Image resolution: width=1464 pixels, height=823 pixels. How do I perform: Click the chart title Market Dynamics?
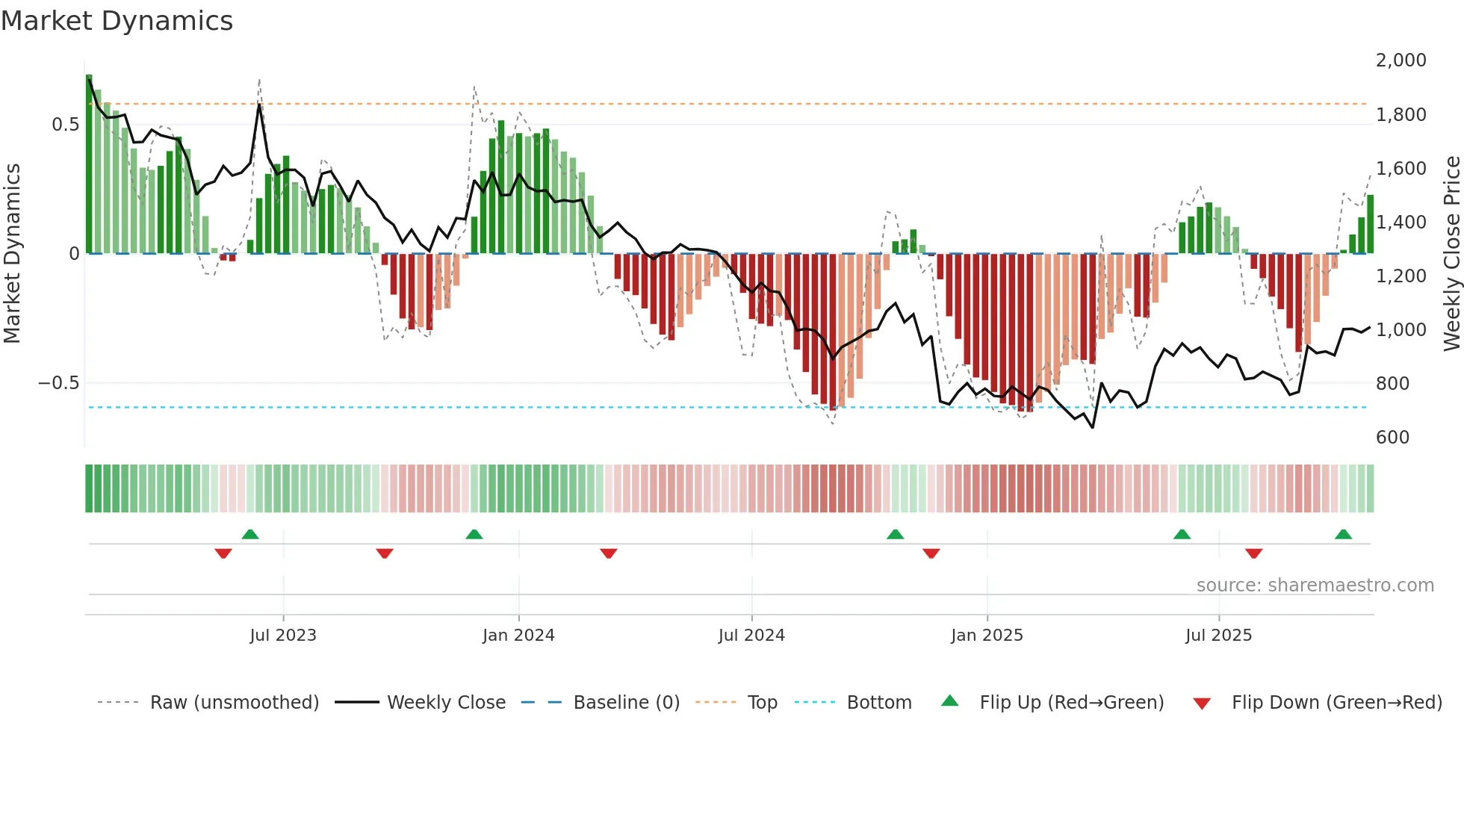117,21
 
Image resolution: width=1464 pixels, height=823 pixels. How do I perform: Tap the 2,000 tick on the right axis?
1401,60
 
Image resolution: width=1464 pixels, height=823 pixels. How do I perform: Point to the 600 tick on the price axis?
1392,438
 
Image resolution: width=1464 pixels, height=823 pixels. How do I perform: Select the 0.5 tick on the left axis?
65,125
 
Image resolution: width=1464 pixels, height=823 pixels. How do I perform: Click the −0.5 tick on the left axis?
58,383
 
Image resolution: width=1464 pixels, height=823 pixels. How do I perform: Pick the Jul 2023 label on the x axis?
283,636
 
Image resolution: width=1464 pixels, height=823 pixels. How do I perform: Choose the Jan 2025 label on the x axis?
987,636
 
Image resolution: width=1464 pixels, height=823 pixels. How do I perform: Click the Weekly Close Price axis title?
1451,254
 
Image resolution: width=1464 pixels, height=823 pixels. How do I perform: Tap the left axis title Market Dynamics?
12,254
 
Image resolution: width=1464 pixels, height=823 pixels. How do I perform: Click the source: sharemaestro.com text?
1315,586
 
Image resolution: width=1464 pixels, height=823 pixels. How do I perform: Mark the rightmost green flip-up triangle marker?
1343,534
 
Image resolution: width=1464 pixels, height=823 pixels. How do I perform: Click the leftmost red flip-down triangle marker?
223,553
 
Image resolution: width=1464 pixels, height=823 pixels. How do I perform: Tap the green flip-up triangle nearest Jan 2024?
474,534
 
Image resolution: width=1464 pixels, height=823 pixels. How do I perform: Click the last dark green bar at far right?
1370,224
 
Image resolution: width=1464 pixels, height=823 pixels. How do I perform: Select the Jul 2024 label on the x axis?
751,636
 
